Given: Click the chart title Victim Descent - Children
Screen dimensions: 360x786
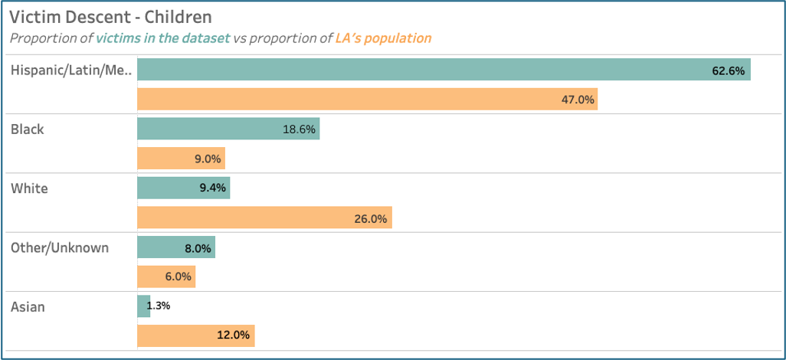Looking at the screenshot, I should (x=110, y=16).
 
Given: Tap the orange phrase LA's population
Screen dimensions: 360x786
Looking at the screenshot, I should (x=383, y=38).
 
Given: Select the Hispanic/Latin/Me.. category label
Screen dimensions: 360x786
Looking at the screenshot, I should (x=71, y=70).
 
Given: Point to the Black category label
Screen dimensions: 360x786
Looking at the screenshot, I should (x=28, y=129).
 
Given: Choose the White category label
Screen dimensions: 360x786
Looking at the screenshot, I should (x=28, y=188).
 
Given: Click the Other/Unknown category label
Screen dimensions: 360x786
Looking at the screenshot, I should (x=60, y=247).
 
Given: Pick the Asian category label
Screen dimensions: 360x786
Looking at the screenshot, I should (x=28, y=307).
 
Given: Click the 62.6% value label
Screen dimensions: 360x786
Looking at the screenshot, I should (x=728, y=70).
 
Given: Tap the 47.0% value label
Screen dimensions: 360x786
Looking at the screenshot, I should (x=578, y=100).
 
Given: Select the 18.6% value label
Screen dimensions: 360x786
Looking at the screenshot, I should (x=299, y=129).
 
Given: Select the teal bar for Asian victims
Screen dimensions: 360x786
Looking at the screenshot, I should (x=144, y=306).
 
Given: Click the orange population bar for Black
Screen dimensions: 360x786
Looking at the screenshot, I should (x=181, y=159).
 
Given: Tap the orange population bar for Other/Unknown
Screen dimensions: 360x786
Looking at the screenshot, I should (x=157, y=277).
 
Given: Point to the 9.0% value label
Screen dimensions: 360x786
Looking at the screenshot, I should (x=207, y=159).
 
